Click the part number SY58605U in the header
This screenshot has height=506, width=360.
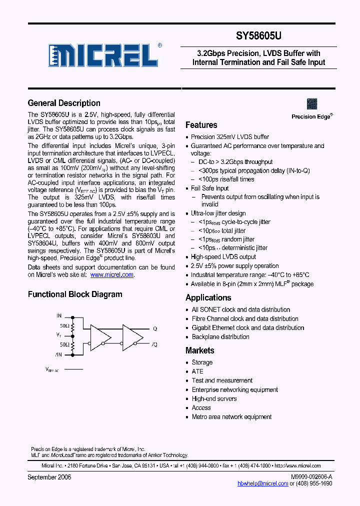tap(258, 36)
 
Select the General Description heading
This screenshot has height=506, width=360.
tap(64, 103)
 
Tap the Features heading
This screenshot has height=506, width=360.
tap(201, 125)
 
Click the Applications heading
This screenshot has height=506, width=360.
tap(208, 297)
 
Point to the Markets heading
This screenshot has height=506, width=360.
tap(199, 350)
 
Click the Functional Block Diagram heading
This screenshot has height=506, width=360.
tap(75, 294)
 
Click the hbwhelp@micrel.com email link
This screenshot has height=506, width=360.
tap(262, 483)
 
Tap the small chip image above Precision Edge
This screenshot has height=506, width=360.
tap(312, 104)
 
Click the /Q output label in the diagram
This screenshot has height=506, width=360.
tap(155, 345)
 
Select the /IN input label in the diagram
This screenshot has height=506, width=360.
tap(59, 354)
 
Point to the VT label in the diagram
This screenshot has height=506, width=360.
tap(59, 335)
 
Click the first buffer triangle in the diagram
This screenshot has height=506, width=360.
tap(98, 335)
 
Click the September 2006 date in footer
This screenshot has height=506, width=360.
tap(49, 477)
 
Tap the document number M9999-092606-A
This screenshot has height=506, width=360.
tap(311, 477)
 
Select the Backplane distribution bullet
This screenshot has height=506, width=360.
tap(220, 336)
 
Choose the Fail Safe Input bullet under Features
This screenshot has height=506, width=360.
tap(209, 188)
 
